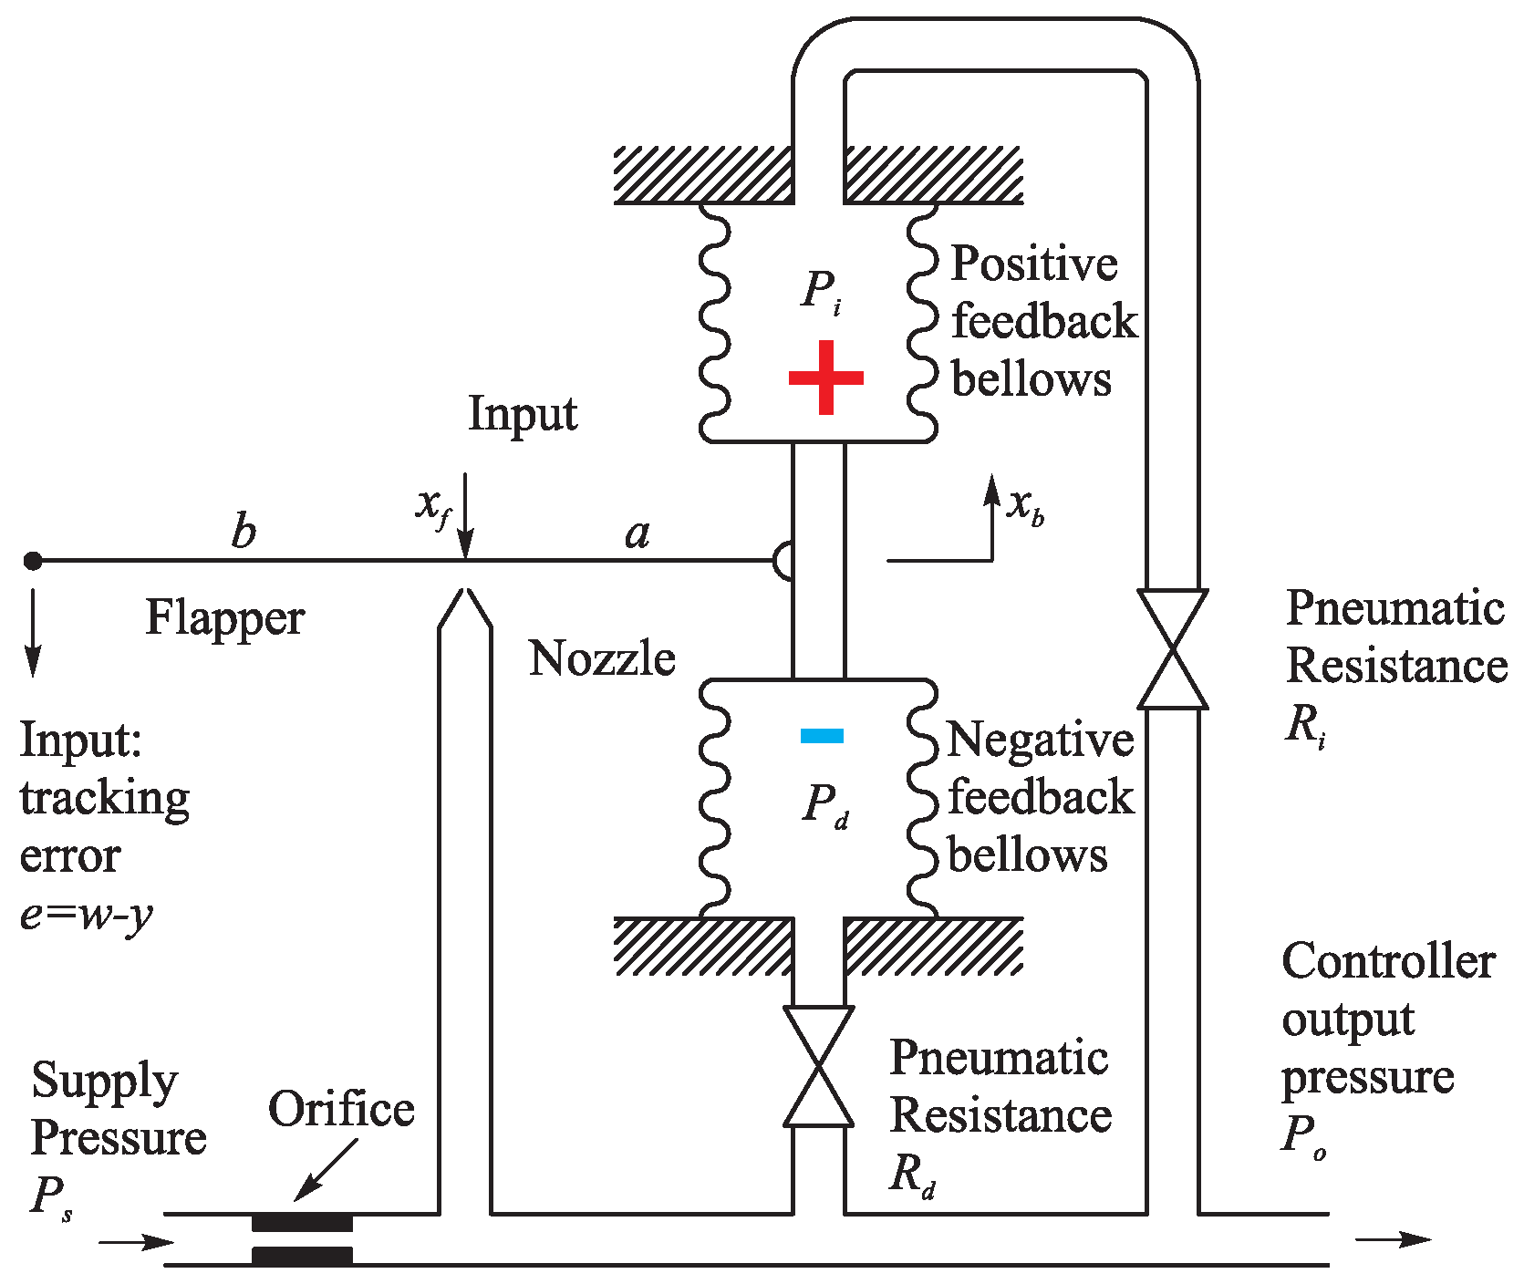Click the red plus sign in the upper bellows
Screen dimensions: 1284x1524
825,378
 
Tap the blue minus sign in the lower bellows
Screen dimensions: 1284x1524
822,735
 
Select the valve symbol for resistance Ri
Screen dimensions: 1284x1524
1172,648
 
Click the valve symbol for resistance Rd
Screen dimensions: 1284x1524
818,1066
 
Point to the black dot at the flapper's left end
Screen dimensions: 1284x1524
33,560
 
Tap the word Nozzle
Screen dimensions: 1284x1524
601,658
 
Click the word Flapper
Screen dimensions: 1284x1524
224,618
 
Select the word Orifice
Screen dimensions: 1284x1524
341,1109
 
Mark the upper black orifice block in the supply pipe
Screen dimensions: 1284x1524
302,1222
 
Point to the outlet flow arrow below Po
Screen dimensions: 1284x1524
1394,1238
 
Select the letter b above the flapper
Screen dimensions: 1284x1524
244,531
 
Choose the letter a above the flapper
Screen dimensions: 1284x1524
638,533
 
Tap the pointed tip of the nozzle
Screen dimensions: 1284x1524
465,593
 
